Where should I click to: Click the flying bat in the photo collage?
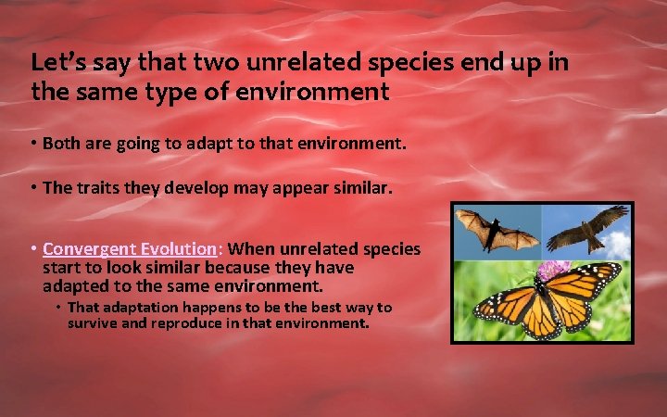(493, 230)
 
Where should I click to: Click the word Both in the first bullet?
(60, 145)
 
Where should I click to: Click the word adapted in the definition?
(74, 285)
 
